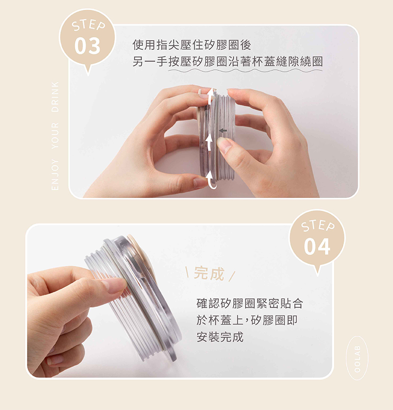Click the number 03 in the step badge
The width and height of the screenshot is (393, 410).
point(87,46)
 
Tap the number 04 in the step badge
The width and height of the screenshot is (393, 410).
point(317,247)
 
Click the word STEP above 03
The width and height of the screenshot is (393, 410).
point(88,26)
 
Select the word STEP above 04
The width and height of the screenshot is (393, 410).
point(318,226)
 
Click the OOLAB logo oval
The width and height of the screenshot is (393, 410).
point(357,358)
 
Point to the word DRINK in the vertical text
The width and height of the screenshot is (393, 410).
point(55,97)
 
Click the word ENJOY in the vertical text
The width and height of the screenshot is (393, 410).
point(55,175)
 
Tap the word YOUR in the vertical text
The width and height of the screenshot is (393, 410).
point(55,136)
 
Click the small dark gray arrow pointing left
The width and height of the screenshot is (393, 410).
point(223,130)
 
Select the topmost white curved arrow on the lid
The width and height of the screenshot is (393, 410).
point(210,96)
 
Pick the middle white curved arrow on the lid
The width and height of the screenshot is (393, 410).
point(209,143)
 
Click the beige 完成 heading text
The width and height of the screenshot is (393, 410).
point(209,274)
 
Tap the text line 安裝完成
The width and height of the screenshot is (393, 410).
point(220,337)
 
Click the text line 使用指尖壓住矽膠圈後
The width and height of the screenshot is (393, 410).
point(192,45)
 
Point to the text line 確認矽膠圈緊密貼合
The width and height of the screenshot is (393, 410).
point(250,304)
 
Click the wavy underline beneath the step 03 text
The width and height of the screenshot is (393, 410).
point(245,71)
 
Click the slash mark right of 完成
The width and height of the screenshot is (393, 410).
point(232,276)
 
